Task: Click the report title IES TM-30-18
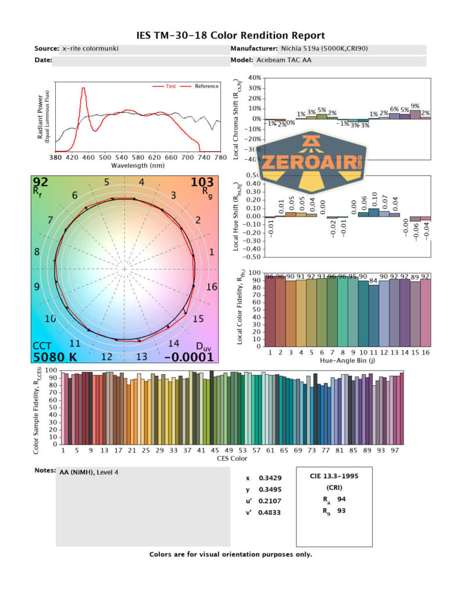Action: pyautogui.click(x=230, y=35)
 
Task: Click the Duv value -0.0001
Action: pyautogui.click(x=189, y=357)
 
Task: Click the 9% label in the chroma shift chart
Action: pyautogui.click(x=415, y=106)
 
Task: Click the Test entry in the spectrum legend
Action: pyautogui.click(x=171, y=86)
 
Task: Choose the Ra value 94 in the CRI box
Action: pyautogui.click(x=341, y=499)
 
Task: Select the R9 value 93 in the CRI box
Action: pyautogui.click(x=341, y=510)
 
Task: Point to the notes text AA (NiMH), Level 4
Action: pyautogui.click(x=89, y=472)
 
